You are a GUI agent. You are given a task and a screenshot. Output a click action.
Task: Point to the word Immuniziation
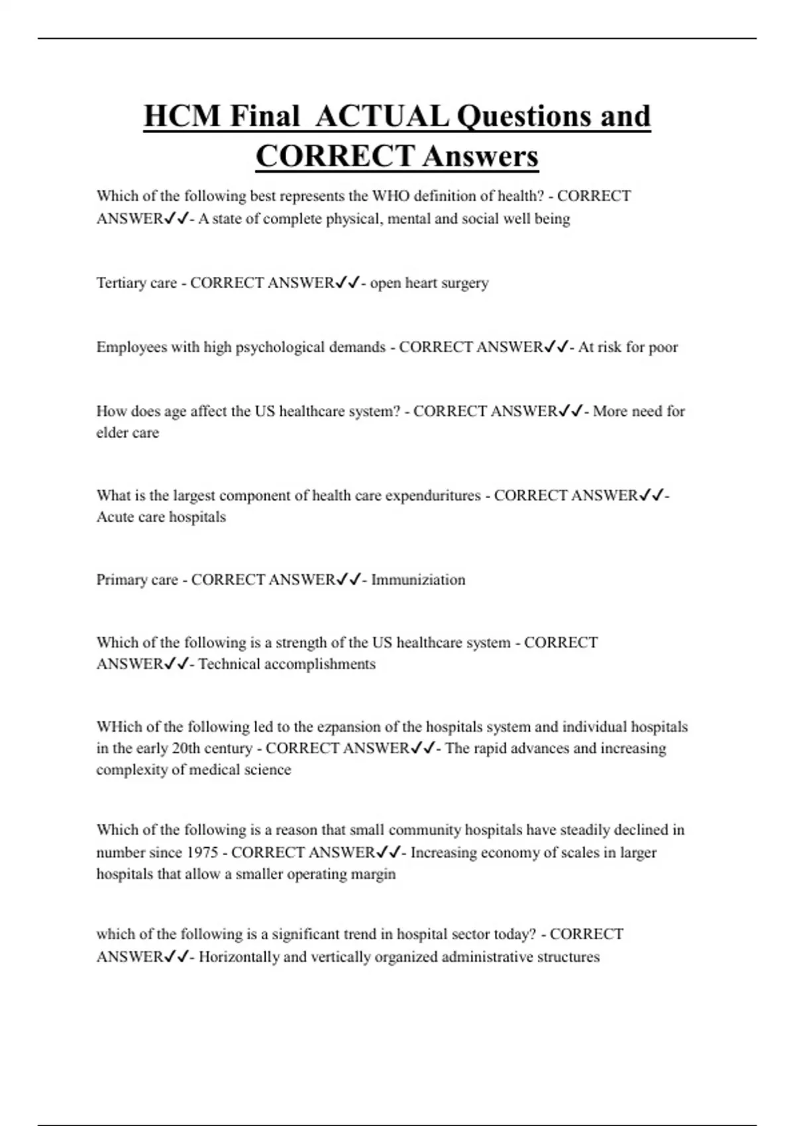click(x=418, y=580)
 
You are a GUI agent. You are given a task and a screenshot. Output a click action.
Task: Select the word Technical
click(x=229, y=664)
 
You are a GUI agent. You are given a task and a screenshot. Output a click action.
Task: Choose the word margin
click(x=374, y=874)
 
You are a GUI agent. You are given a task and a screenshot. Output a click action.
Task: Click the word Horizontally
click(x=239, y=957)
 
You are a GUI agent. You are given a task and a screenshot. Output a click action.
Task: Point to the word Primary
click(x=122, y=580)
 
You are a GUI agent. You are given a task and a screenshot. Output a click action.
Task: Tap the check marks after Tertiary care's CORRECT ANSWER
click(x=347, y=283)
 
